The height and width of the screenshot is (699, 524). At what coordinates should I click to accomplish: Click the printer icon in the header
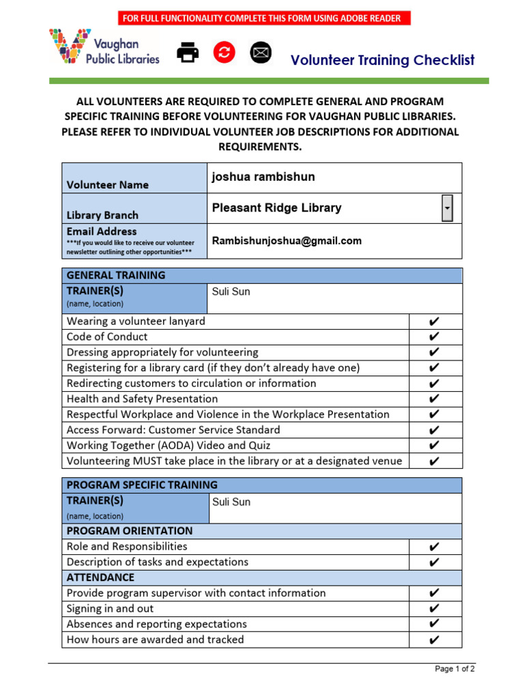188,53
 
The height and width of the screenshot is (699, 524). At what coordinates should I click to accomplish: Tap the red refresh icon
224,53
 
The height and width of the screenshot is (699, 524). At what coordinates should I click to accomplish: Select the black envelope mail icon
261,53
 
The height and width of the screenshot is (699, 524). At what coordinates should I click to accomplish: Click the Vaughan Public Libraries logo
104,47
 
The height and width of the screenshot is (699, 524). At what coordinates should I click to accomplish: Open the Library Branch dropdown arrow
447,208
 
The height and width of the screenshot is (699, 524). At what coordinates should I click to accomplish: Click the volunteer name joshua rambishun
263,177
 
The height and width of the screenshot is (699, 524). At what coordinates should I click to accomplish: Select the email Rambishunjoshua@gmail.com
287,241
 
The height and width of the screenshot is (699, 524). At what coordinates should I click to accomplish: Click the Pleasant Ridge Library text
276,208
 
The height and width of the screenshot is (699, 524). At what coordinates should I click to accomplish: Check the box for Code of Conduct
435,337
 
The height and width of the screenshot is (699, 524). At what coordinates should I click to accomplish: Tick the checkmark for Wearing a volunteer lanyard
435,321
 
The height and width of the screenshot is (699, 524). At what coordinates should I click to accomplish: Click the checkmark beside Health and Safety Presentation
435,399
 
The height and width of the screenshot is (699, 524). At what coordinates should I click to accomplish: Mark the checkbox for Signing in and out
435,608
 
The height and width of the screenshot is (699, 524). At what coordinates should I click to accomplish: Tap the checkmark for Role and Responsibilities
435,546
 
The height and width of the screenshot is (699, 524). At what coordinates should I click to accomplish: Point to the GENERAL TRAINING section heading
116,275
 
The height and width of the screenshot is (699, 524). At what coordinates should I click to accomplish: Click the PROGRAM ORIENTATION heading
130,530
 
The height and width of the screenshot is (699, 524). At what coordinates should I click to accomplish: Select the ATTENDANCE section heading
100,577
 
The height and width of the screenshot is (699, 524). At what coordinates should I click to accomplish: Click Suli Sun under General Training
231,291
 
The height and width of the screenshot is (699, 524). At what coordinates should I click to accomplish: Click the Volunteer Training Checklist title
382,60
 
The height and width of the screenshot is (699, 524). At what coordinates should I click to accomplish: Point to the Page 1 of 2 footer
454,669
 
